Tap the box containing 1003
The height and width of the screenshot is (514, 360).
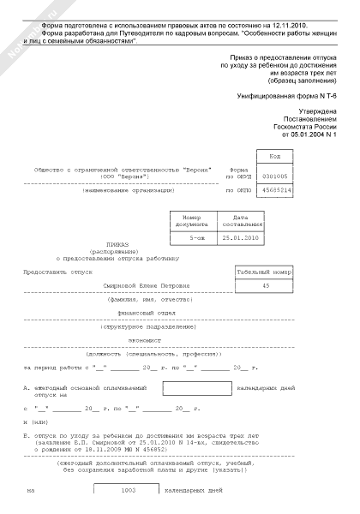click(x=129, y=491)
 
